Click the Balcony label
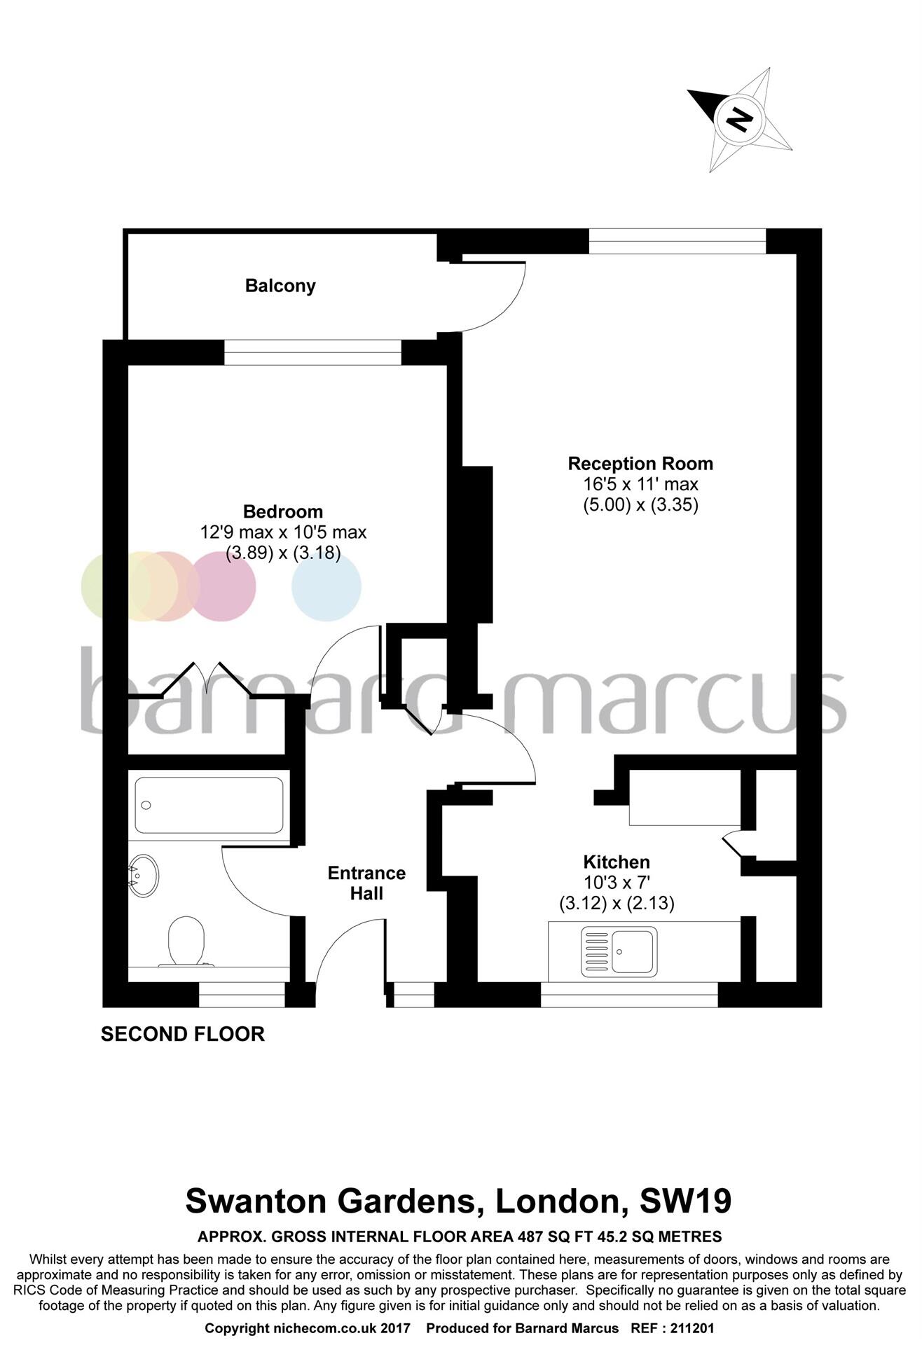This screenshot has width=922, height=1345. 280,286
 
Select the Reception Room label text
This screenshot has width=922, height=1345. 640,464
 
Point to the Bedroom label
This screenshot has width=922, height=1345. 283,511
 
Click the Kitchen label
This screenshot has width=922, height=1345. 617,862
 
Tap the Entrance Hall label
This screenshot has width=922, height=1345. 366,883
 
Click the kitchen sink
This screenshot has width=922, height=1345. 619,951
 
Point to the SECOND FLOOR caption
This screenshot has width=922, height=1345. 183,1034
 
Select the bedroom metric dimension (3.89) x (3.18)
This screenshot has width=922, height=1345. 283,553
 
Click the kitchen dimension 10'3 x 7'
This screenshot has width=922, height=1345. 617,883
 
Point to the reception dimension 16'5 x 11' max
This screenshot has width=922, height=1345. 640,484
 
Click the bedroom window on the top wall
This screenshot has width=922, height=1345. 312,352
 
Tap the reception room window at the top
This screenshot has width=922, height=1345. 677,241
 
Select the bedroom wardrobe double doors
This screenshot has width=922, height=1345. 207,678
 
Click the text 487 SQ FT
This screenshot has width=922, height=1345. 554,1236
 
